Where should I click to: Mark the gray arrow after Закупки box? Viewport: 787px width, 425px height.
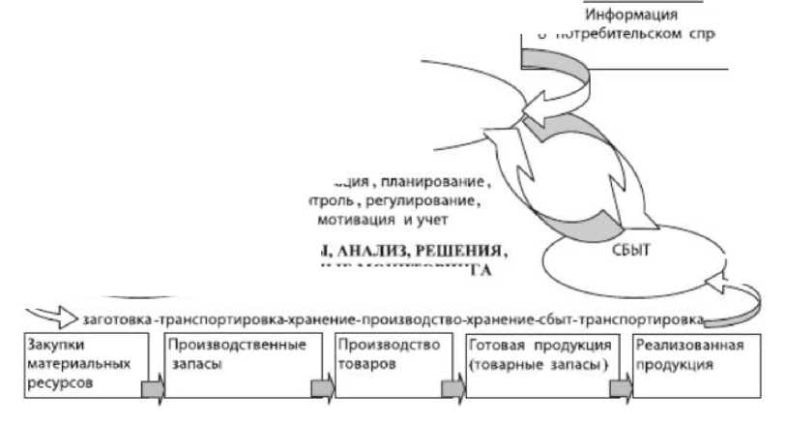pyautogui.click(x=153, y=389)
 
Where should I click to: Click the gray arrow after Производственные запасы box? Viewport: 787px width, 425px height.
pyautogui.click(x=322, y=389)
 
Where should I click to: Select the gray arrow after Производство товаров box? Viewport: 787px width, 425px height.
pyautogui.click(x=452, y=389)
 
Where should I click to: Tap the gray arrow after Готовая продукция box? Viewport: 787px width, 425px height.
pyautogui.click(x=620, y=389)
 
